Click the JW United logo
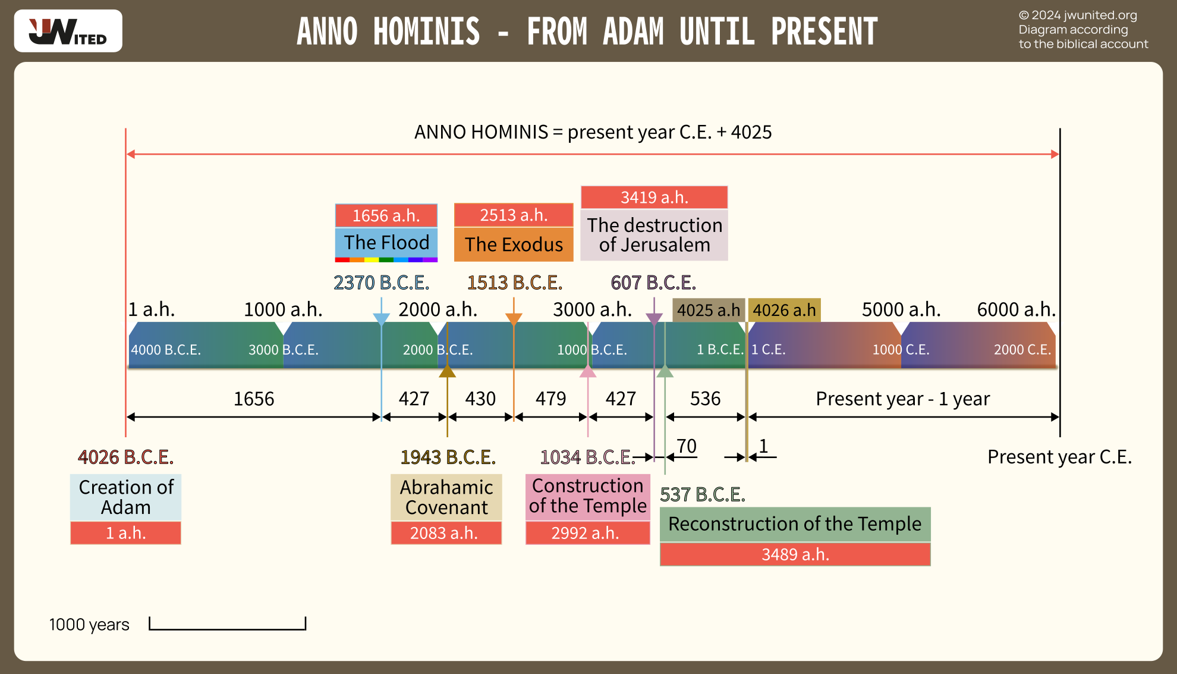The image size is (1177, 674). [x=68, y=31]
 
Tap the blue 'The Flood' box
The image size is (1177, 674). [x=386, y=243]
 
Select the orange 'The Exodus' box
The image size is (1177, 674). [x=514, y=244]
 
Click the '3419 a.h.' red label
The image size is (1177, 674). [x=654, y=198]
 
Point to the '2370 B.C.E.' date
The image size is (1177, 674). [x=381, y=283]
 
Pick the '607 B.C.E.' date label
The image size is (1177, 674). [x=653, y=283]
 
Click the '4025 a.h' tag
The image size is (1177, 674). [x=709, y=310]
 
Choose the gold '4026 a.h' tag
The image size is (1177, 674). [x=784, y=310]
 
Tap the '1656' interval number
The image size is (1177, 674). [x=254, y=399]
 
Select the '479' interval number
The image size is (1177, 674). [x=550, y=399]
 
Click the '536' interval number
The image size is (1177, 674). [x=705, y=399]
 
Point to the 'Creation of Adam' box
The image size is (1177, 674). [x=125, y=497]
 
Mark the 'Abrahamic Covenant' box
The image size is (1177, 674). [x=446, y=497]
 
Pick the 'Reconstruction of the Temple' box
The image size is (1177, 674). [x=795, y=524]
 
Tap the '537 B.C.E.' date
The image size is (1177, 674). [x=703, y=494]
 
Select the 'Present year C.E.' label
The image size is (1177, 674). [x=1059, y=457]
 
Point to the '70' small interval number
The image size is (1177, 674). [x=687, y=446]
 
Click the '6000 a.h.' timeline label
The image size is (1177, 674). [x=1016, y=309]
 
